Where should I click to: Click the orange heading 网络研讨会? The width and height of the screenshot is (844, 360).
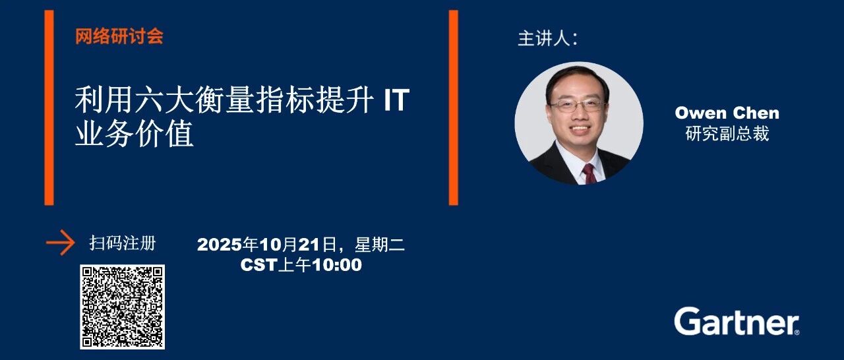[119, 36]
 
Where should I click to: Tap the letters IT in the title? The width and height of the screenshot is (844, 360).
[396, 100]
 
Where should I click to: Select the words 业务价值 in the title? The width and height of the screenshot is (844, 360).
[135, 133]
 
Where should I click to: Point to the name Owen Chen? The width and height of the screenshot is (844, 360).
[727, 113]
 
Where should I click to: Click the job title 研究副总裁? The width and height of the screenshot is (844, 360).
[727, 134]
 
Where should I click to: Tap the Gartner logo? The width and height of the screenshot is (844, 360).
[737, 321]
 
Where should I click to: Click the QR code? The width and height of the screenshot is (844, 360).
[123, 307]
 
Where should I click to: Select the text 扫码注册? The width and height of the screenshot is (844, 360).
[123, 243]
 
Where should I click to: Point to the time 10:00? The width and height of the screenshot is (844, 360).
[337, 265]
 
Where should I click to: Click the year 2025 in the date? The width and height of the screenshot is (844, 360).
[220, 245]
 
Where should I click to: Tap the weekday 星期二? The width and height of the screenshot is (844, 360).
[380, 245]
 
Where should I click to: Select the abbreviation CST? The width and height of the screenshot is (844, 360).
[259, 265]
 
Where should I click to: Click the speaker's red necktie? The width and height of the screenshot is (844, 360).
[590, 174]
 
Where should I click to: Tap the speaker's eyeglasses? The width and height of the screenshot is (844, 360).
[577, 105]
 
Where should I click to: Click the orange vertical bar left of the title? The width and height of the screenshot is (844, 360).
[49, 107]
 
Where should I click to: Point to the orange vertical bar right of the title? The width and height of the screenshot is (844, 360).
[454, 107]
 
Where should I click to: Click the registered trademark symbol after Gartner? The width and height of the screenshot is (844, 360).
[797, 332]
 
